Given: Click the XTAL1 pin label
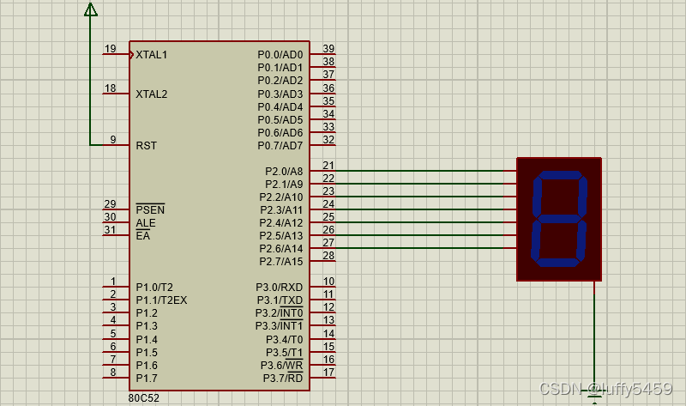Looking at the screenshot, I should click(x=152, y=55).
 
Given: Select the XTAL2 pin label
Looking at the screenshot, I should click(x=152, y=94).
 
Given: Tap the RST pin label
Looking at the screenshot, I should click(x=146, y=146).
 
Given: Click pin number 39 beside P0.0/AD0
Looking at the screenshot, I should click(x=328, y=49).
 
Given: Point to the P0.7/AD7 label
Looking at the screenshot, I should click(x=280, y=146).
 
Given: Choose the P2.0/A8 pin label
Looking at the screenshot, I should click(x=284, y=172).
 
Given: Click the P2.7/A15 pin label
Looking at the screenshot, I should click(x=281, y=262).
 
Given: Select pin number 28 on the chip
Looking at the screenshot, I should click(x=328, y=256).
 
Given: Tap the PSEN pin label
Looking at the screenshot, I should click(x=150, y=210).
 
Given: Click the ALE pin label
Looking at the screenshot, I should click(x=146, y=223).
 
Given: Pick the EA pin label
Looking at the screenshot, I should click(x=143, y=236).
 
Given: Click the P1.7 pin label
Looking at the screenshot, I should click(x=147, y=379).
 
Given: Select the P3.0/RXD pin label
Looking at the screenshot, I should click(x=280, y=288).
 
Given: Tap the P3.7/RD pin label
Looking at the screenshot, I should click(x=282, y=379).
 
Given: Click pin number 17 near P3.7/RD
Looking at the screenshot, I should click(x=328, y=373).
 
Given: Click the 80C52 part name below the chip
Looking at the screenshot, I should click(x=144, y=398).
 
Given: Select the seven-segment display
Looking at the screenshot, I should click(x=559, y=218).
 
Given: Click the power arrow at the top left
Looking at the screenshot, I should click(x=90, y=9).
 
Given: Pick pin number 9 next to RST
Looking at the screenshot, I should click(x=112, y=140).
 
